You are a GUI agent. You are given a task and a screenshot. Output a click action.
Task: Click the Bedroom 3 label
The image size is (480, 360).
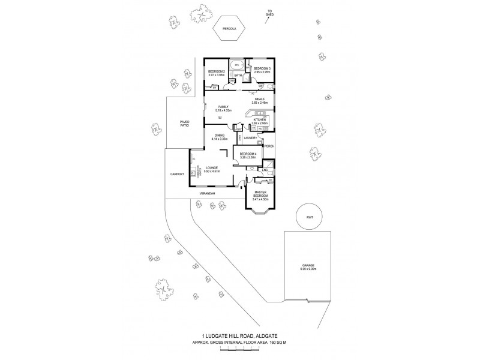click(262, 70)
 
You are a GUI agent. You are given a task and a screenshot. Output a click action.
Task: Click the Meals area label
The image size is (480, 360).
click(259, 101)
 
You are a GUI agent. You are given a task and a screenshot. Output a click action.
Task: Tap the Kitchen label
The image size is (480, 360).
click(259, 121)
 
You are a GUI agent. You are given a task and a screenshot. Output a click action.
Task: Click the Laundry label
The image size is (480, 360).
click(251, 139)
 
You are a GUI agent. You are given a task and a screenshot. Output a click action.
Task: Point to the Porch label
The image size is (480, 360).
click(269, 146)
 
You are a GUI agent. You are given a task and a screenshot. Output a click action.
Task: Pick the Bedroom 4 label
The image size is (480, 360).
click(248, 155)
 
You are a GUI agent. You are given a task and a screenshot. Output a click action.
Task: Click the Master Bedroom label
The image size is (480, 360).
click(260, 194)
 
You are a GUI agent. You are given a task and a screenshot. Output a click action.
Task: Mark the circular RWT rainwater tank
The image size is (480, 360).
click(310, 217)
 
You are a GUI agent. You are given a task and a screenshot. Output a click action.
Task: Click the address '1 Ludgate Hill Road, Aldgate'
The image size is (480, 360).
click(240, 338)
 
